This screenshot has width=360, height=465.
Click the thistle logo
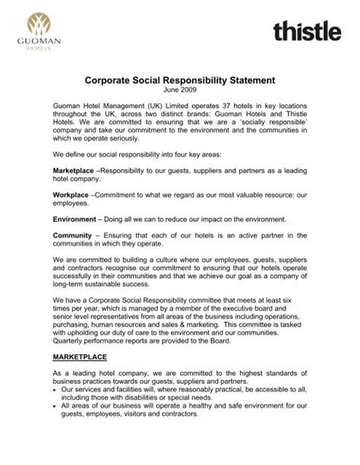pyautogui.click(x=307, y=31)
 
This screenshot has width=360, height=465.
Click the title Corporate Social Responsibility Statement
pyautogui.click(x=179, y=79)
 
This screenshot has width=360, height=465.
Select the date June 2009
pyautogui.click(x=179, y=90)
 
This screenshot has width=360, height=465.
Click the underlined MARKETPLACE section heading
pyautogui.click(x=80, y=356)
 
